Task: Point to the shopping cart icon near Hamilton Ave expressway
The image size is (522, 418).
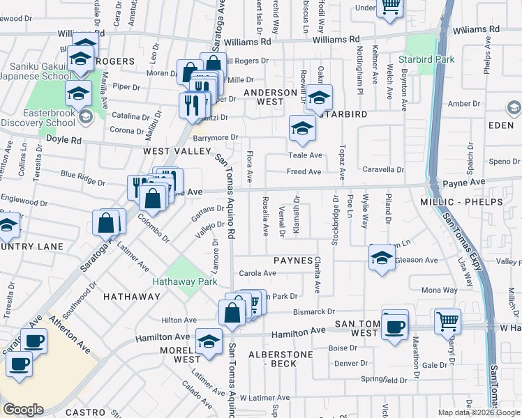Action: (447, 322)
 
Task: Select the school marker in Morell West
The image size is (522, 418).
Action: (208, 341)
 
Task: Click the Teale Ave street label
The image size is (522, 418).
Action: (305, 155)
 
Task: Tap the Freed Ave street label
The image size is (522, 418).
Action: (304, 171)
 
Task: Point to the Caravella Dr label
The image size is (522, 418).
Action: (383, 169)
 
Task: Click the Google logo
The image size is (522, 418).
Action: (23, 409)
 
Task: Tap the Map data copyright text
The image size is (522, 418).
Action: (478, 412)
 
